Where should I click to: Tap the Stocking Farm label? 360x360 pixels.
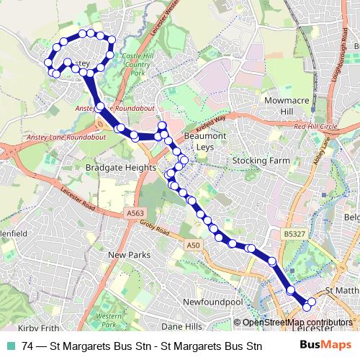[x=259, y=160]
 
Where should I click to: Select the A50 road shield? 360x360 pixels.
[x=192, y=246]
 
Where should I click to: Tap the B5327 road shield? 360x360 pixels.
[x=293, y=233]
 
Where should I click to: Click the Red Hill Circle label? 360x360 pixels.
[x=315, y=127]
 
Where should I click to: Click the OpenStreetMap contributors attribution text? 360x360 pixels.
[x=297, y=323]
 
